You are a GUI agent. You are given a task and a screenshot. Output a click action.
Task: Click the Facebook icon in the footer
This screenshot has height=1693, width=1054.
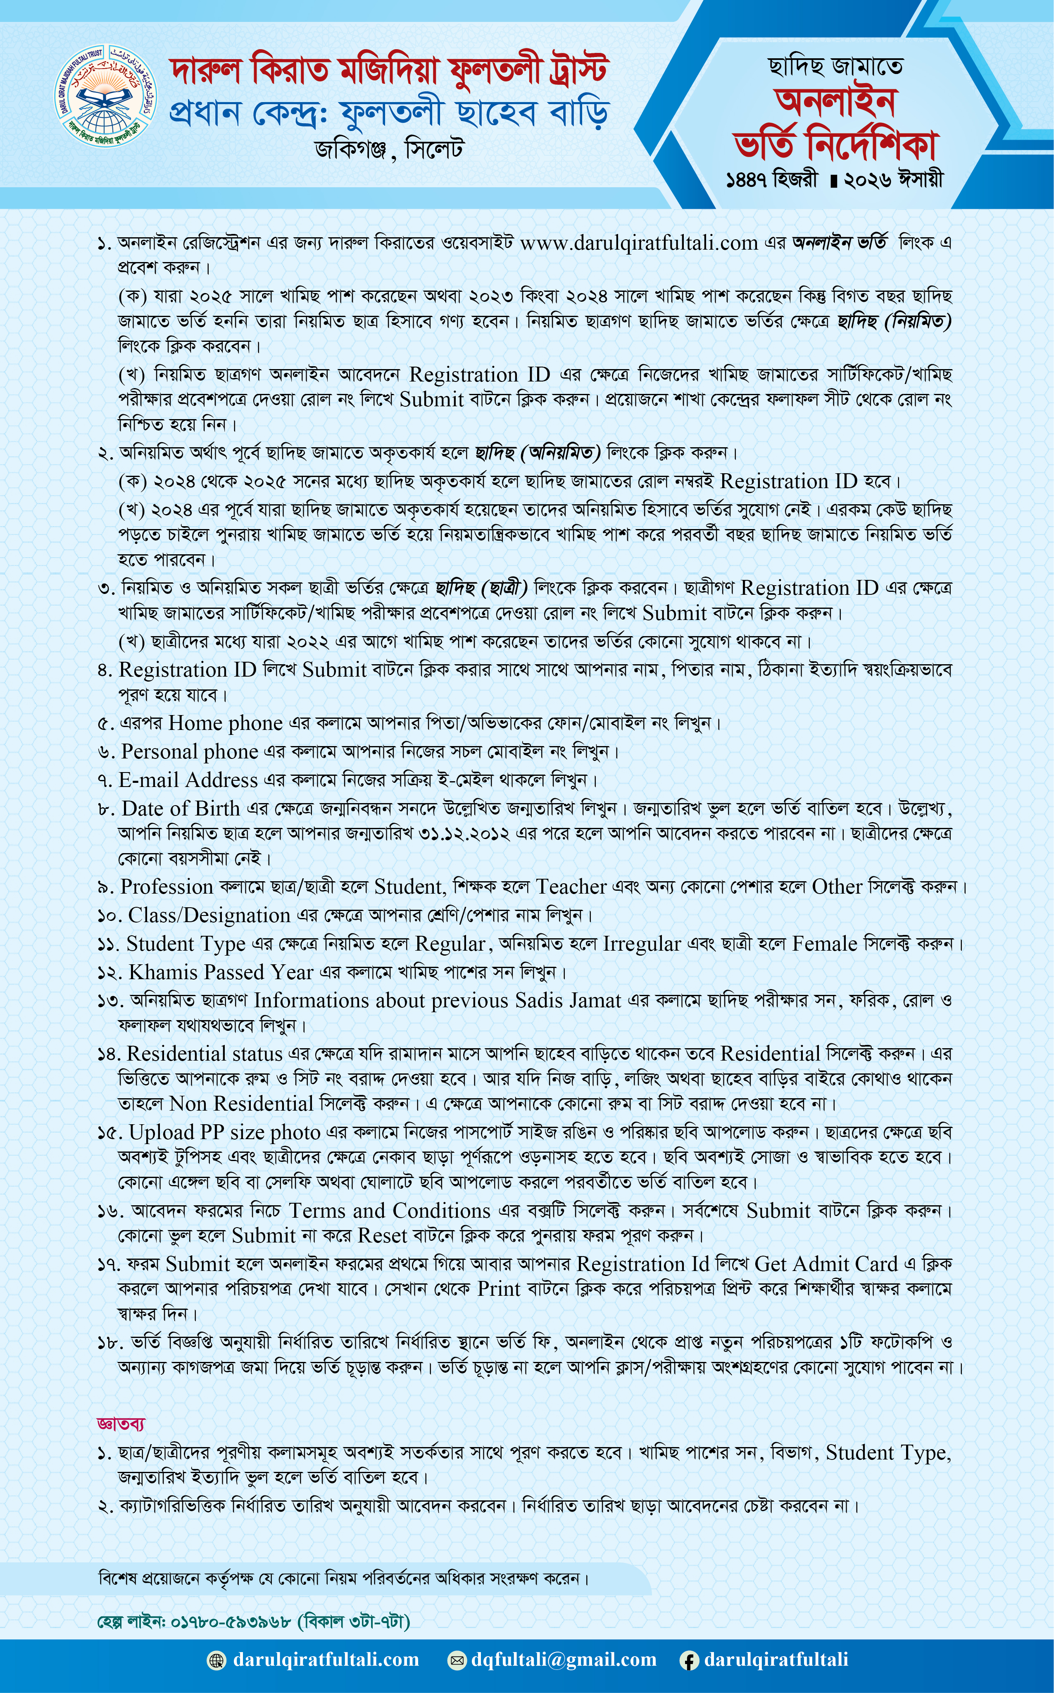(x=689, y=1660)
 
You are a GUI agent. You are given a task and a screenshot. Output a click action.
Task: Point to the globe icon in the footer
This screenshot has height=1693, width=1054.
(x=217, y=1660)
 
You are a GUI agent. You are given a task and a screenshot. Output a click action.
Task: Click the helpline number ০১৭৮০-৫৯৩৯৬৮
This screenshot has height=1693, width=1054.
(x=231, y=1621)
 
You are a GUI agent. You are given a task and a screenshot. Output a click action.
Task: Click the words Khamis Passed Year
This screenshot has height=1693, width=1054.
(x=221, y=972)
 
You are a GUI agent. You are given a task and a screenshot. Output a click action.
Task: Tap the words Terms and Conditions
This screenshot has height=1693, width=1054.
(x=390, y=1211)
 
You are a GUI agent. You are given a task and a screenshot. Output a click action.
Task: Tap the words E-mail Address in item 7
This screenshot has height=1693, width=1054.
(x=188, y=780)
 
